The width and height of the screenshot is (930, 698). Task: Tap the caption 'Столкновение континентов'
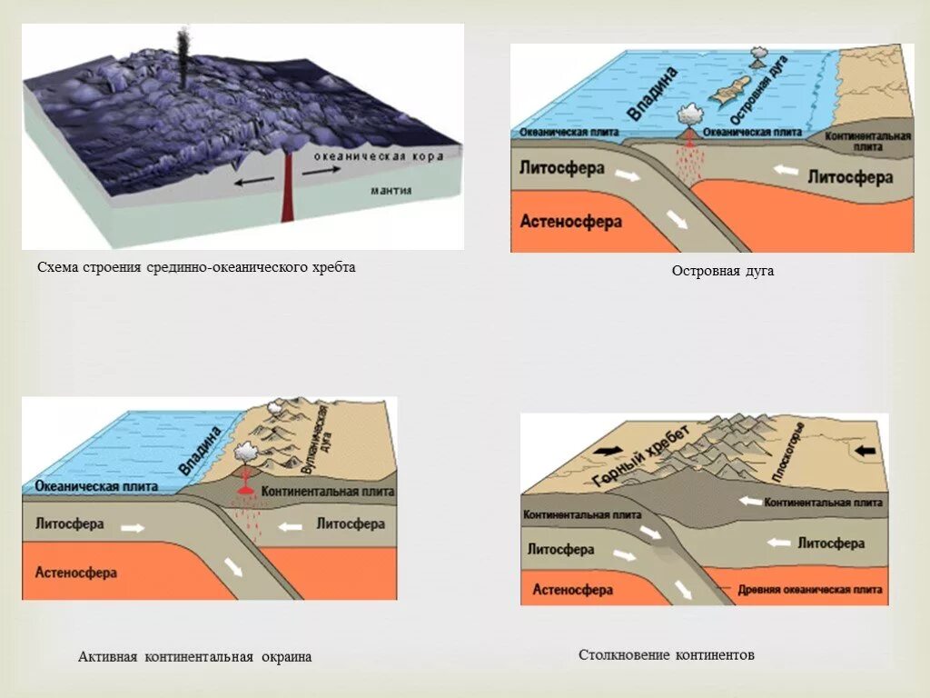[667, 655]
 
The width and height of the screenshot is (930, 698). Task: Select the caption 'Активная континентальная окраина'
[194, 657]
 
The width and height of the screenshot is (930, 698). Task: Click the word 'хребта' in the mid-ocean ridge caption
[331, 268]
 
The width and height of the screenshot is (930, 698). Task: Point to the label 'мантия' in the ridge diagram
[391, 192]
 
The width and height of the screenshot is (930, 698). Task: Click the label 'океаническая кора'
[379, 157]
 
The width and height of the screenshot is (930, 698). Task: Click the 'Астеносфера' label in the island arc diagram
[570, 221]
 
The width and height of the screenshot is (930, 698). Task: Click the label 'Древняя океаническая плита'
[810, 589]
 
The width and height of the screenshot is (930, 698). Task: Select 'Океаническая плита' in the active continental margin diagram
[96, 487]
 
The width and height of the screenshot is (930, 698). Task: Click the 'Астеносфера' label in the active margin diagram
[76, 573]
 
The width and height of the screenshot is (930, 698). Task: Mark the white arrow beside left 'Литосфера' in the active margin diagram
[132, 528]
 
